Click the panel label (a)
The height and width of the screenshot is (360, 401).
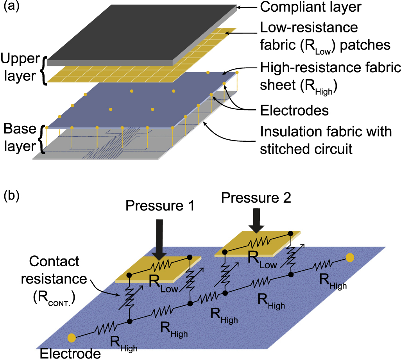(x=11, y=6)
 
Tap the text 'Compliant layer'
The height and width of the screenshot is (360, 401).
(x=310, y=7)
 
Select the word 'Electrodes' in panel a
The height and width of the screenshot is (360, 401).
(x=294, y=110)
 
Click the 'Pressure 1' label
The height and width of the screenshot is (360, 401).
(x=160, y=206)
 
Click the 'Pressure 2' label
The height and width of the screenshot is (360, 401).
(x=256, y=198)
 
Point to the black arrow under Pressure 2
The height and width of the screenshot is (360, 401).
(x=256, y=221)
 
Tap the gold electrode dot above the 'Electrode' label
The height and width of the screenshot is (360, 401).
(x=72, y=338)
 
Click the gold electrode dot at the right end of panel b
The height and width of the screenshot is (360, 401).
(x=350, y=258)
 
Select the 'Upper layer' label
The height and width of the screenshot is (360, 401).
(x=20, y=67)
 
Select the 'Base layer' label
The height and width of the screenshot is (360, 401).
(x=20, y=138)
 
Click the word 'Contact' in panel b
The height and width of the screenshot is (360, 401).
(x=54, y=261)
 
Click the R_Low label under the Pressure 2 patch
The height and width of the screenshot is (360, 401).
(x=262, y=260)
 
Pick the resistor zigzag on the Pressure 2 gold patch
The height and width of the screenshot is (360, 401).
(x=258, y=241)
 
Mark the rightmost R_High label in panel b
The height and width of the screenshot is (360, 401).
(x=333, y=281)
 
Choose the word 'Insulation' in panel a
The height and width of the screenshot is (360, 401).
(x=292, y=132)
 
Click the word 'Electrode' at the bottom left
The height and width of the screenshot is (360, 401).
(x=70, y=354)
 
